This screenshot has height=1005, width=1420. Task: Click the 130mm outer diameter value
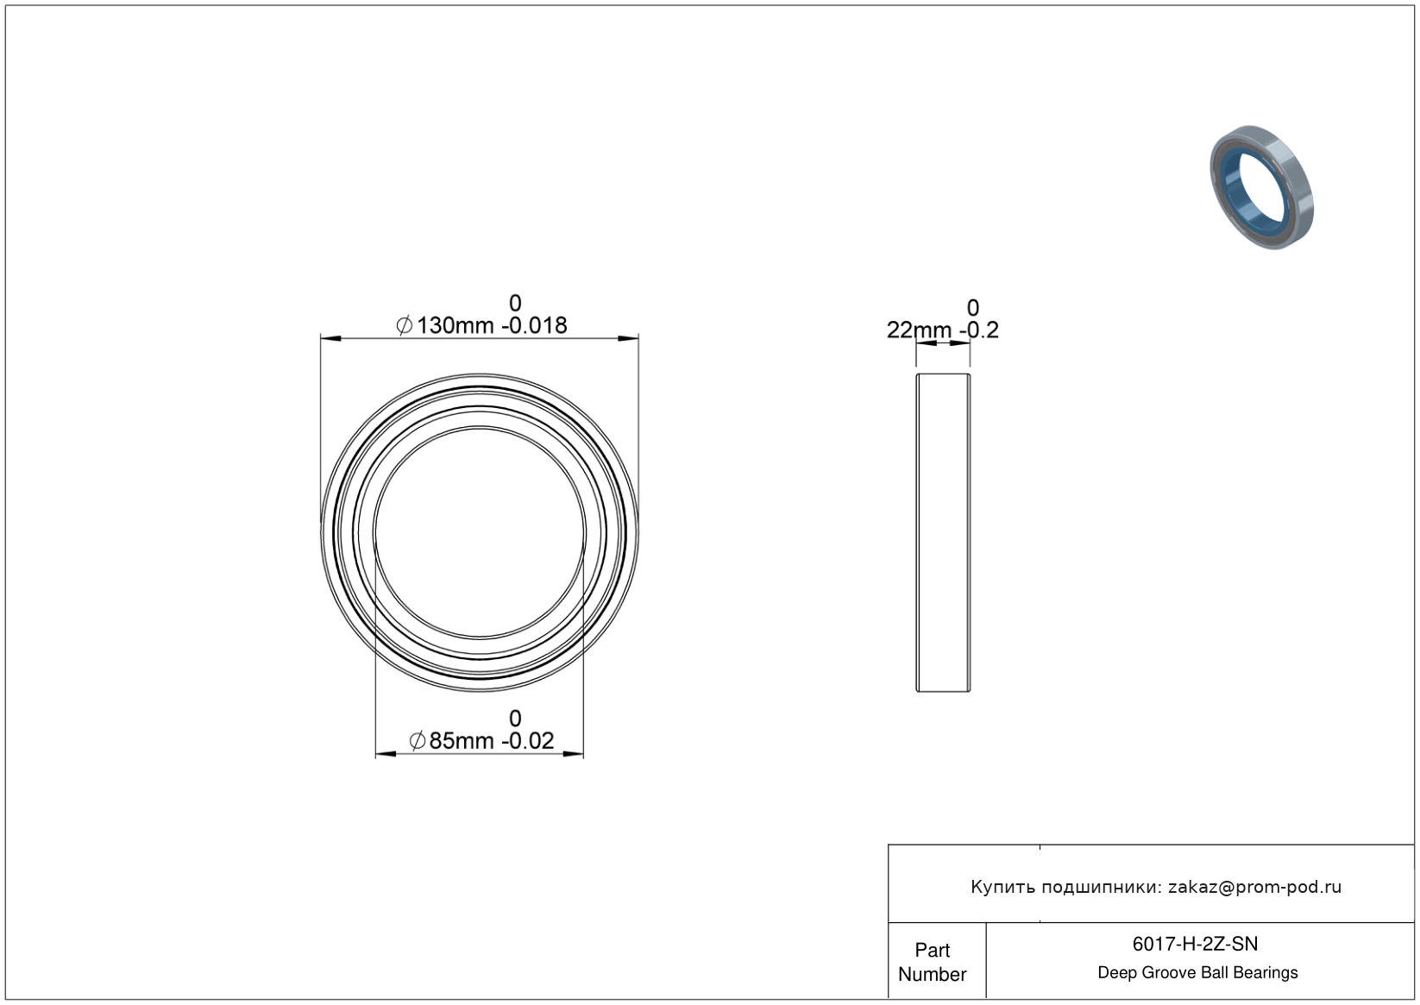click(x=455, y=325)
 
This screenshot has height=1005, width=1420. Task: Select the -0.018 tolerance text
click(x=534, y=325)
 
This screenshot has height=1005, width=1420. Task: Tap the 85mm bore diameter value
click(x=461, y=740)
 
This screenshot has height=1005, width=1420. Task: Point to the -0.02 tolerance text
click(x=527, y=740)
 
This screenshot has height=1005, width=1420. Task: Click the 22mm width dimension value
click(x=919, y=330)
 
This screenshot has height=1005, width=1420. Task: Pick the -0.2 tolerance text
click(x=979, y=330)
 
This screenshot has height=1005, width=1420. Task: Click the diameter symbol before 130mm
click(x=404, y=326)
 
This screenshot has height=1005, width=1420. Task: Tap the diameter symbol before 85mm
click(x=418, y=740)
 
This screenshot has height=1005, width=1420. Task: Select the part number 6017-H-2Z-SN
click(x=1195, y=944)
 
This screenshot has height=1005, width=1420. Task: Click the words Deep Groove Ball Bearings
click(x=1197, y=973)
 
